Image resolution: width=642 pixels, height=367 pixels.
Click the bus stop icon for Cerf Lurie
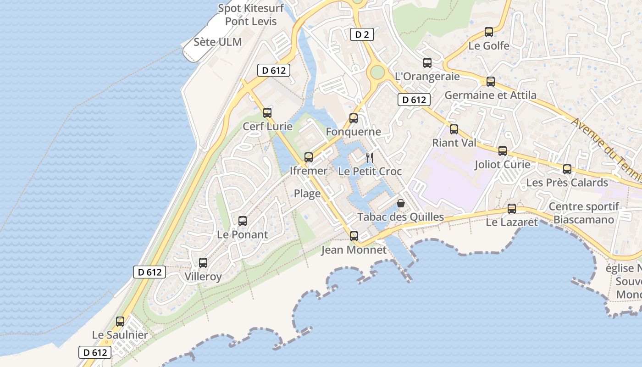[x=267, y=112]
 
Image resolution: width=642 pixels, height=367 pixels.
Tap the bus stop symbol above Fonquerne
[x=354, y=118]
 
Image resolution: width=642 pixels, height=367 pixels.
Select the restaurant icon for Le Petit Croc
[x=370, y=158]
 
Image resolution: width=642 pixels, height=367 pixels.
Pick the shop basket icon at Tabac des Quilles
[x=401, y=203]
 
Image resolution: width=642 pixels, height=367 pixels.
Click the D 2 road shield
[x=362, y=34]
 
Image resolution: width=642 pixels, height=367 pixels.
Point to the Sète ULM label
[x=217, y=42]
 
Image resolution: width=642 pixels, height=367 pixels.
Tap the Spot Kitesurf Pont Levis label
[x=251, y=15]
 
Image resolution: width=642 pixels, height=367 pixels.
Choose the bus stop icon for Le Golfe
[x=489, y=32]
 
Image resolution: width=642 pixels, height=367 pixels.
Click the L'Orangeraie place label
[x=427, y=76]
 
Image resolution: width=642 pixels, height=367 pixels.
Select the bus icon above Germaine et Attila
[x=491, y=82]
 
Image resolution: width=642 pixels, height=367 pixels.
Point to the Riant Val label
[x=454, y=143]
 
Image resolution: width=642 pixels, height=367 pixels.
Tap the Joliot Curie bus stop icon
[x=503, y=151]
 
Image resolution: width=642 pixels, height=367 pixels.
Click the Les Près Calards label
[x=567, y=183]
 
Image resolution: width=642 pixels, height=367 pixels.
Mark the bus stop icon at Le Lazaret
[x=512, y=209]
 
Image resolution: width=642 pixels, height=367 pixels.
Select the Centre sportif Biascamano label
[x=584, y=213]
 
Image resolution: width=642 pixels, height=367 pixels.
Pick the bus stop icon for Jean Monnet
[x=354, y=236]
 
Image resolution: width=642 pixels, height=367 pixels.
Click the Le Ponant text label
[x=242, y=234]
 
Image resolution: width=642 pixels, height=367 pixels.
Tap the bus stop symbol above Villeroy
[x=203, y=263]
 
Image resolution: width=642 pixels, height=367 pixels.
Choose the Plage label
[x=307, y=194]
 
